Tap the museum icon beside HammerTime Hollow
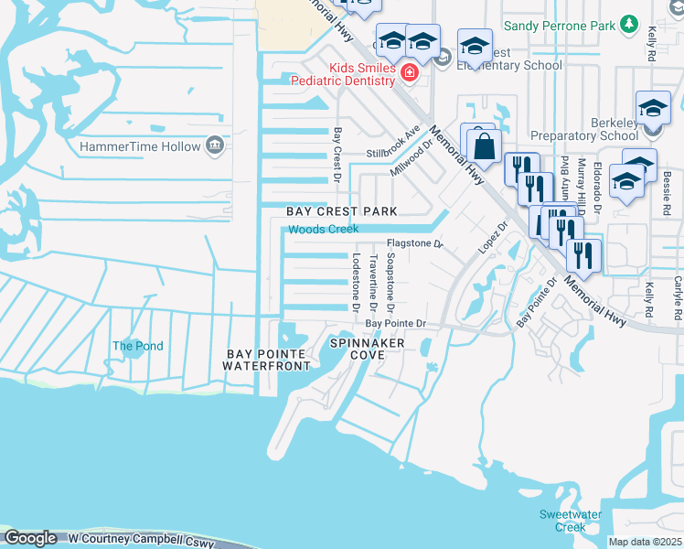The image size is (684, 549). coord(215,145)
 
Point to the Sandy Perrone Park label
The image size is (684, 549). coord(560,27)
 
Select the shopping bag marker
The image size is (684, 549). coord(484,145)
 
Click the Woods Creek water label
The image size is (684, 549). coord(324,229)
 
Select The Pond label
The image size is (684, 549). coord(137,346)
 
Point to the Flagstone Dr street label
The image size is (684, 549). coord(414,244)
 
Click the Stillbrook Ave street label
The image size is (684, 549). coord(394,144)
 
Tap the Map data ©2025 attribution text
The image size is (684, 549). coord(646,542)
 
